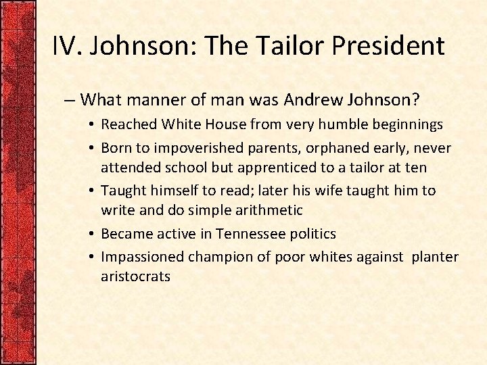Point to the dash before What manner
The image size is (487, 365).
click(70, 101)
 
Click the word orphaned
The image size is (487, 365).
click(317, 147)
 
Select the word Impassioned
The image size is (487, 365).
click(143, 256)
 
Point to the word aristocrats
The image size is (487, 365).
click(135, 277)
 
